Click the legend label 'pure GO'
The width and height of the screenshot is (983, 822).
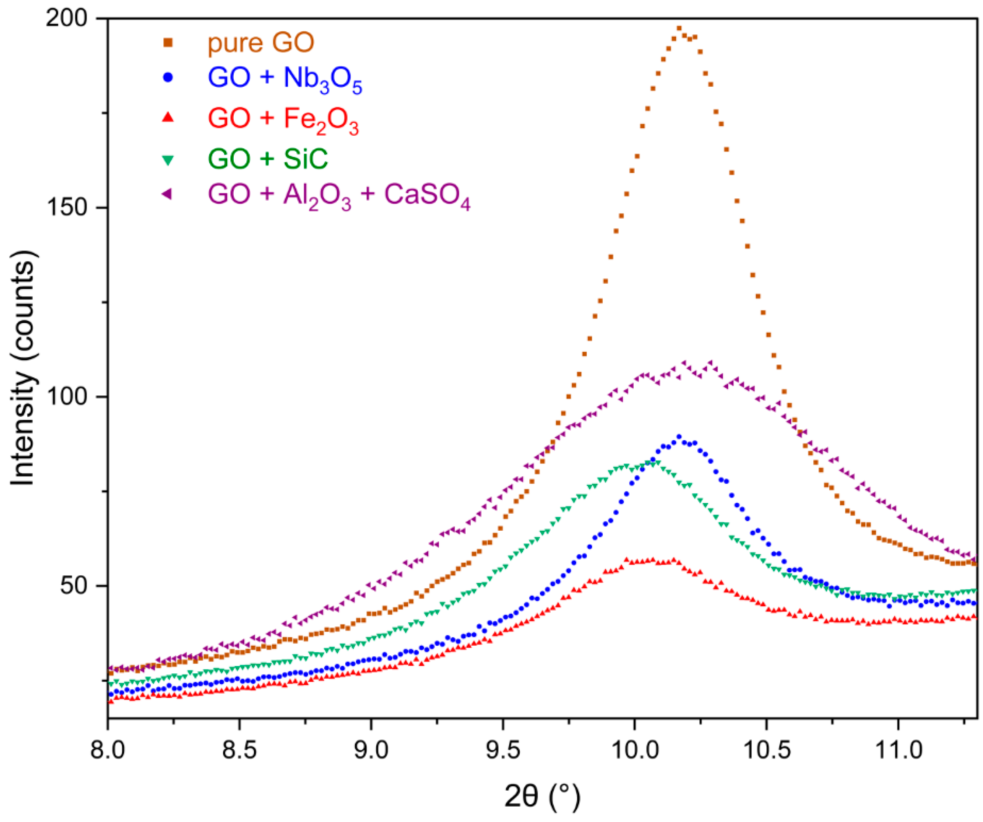pyautogui.click(x=261, y=43)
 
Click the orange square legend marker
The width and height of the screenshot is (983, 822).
pyautogui.click(x=168, y=43)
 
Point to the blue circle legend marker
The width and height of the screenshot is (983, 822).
pyautogui.click(x=168, y=77)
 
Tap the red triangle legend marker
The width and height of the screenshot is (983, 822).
pyautogui.click(x=168, y=118)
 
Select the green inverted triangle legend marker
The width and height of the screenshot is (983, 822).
pyautogui.click(x=168, y=160)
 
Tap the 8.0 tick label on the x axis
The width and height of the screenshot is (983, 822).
pyautogui.click(x=108, y=750)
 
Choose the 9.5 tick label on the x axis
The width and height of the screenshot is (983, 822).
pyautogui.click(x=503, y=750)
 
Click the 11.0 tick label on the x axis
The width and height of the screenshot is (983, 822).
pyautogui.click(x=898, y=750)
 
